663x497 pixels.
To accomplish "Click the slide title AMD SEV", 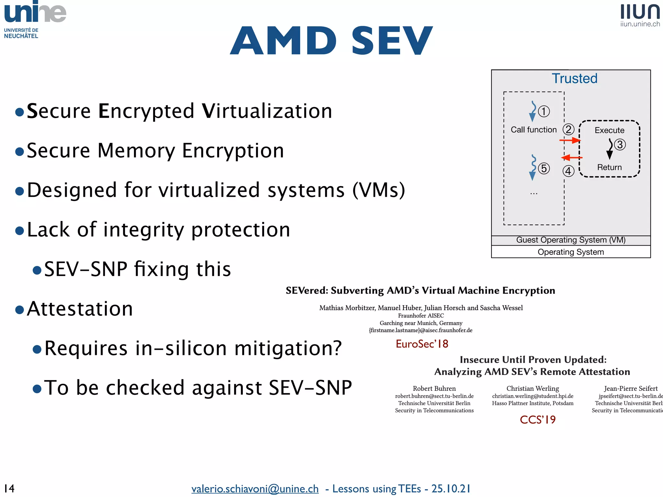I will point(331,41).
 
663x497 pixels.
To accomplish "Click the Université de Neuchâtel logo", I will point(35,19).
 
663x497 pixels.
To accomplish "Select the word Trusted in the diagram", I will point(574,78).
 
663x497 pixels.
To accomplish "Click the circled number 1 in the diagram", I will point(544,111).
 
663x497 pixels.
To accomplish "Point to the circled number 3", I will point(620,144).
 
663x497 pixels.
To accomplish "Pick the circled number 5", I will point(544,168).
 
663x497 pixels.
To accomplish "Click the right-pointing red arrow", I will point(570,140).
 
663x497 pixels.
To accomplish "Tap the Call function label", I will point(534,130).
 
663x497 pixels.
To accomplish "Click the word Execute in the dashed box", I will point(609,130).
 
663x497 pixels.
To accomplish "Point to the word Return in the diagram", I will point(609,167).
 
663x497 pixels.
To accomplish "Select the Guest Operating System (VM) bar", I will point(571,240).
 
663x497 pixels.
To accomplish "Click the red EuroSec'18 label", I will point(422,344).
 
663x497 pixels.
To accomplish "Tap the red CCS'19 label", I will point(538,420).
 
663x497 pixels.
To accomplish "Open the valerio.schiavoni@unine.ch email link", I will point(255,489).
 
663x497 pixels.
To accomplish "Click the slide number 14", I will point(9,488).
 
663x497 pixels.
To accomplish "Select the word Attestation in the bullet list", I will point(80,309).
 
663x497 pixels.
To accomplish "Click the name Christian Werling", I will point(533,388).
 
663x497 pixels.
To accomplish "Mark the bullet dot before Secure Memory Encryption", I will point(20,151).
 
